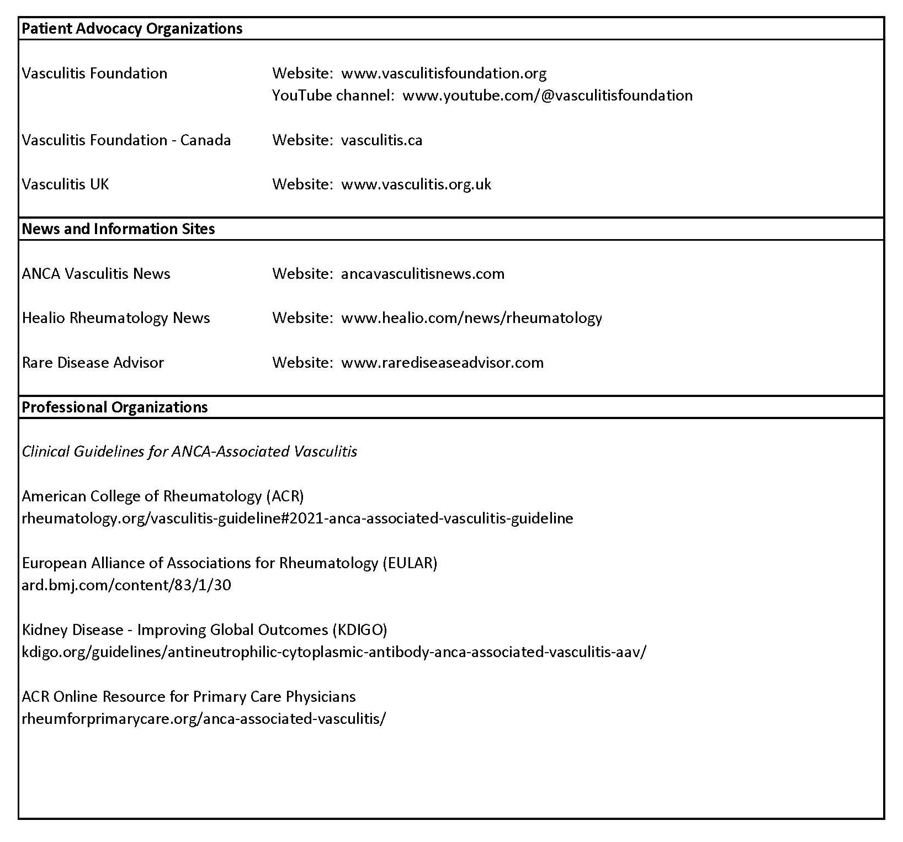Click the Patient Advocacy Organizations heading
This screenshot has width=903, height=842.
click(132, 29)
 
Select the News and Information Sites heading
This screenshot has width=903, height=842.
click(118, 229)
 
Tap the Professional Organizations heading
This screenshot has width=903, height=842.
click(115, 407)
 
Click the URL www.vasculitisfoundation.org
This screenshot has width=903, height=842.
click(444, 73)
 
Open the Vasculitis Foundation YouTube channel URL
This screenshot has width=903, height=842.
click(547, 96)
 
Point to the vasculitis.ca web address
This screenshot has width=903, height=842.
click(381, 140)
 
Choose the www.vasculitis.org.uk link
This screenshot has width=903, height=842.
click(416, 184)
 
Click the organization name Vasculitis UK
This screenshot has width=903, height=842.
click(65, 184)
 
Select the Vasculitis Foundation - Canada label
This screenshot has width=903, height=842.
click(126, 140)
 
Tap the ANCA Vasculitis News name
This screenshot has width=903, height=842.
click(96, 274)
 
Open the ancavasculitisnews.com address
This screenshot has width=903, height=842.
click(423, 274)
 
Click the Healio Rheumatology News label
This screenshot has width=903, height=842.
click(116, 318)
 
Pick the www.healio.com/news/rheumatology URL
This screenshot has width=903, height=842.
click(471, 318)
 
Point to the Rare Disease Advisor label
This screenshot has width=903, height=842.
click(93, 363)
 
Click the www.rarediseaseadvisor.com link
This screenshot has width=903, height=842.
click(442, 363)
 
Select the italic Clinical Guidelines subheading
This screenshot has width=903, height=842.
click(189, 452)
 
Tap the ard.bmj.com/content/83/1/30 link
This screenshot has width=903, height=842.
click(126, 585)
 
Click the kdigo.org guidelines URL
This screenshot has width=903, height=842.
click(333, 652)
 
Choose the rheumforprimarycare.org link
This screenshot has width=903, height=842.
click(204, 719)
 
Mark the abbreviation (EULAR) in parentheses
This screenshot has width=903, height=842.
click(410, 563)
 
